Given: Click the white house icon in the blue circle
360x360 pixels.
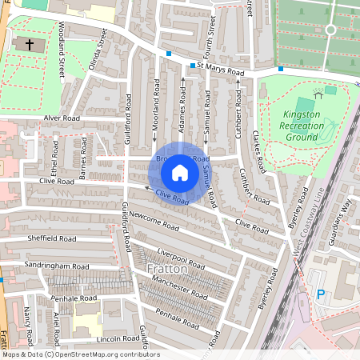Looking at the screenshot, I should tap(180, 173).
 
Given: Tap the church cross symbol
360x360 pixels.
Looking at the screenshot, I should tap(30, 44).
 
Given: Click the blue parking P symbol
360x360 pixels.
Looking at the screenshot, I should tap(322, 294).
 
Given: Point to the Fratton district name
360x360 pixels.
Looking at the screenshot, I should tap(167, 269).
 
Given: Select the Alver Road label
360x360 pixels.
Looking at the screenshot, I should tap(63, 118).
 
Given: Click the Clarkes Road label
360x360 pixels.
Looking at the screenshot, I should tap(258, 152).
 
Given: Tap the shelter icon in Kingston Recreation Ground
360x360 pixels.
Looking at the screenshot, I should tap(318, 94).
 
